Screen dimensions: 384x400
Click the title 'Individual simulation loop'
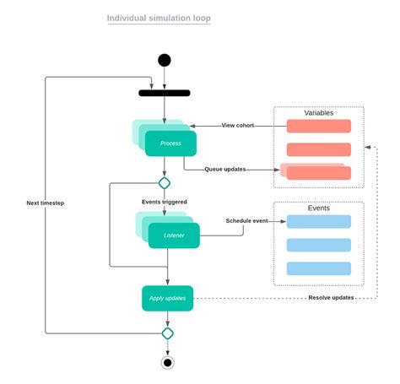(x=159, y=18)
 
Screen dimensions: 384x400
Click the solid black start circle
(x=165, y=60)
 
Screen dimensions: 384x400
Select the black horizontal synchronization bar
(x=165, y=93)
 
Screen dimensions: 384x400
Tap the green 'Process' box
(x=171, y=143)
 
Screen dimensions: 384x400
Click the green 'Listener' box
(x=174, y=235)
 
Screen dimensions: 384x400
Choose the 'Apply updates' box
(x=167, y=298)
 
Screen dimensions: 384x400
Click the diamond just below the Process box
(x=165, y=182)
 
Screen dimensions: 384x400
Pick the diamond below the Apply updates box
(x=167, y=333)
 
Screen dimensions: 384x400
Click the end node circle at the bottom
(x=167, y=363)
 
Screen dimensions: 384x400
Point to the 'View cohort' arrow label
(x=239, y=125)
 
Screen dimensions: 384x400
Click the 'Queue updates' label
(x=225, y=169)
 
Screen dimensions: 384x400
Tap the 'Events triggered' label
(x=165, y=202)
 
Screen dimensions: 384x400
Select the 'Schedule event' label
(x=247, y=220)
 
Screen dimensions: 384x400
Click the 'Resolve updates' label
(x=330, y=298)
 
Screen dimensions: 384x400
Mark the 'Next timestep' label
(x=46, y=203)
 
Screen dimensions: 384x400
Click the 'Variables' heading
(x=318, y=113)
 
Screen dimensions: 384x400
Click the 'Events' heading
(x=318, y=208)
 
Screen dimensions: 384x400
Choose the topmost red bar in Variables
(x=318, y=126)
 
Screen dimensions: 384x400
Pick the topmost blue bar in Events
(x=318, y=221)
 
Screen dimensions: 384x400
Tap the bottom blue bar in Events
(x=318, y=268)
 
